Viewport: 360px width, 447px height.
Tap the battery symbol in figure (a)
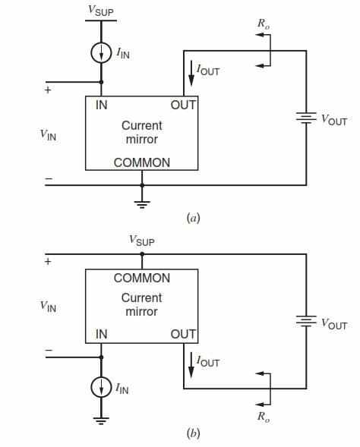click(306, 118)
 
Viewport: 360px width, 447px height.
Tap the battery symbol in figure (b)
click(306, 321)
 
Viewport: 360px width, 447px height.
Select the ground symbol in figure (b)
click(101, 420)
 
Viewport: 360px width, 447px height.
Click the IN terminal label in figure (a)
click(102, 105)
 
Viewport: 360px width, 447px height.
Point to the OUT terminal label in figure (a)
click(183, 105)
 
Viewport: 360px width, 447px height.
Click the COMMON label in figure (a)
click(142, 162)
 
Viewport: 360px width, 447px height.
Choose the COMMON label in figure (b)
click(142, 278)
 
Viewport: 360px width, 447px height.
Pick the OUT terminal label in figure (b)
click(183, 334)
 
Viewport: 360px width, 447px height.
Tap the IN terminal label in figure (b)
click(102, 334)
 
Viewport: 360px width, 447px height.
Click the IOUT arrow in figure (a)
click(191, 74)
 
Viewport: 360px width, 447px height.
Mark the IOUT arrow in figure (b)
click(191, 366)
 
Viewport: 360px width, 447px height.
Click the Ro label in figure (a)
click(264, 24)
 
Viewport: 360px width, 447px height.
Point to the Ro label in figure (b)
click(264, 417)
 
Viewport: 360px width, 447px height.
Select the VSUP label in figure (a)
click(101, 11)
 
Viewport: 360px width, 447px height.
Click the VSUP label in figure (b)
click(142, 241)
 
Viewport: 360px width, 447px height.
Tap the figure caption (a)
click(193, 218)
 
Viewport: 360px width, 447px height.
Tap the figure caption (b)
click(193, 433)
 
